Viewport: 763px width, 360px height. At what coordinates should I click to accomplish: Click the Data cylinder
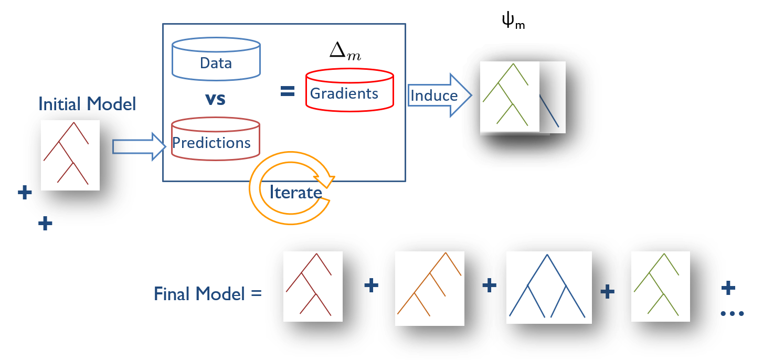[x=216, y=59]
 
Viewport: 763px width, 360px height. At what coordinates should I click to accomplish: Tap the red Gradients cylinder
[x=349, y=90]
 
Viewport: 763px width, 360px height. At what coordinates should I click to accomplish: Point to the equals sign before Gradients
[x=287, y=91]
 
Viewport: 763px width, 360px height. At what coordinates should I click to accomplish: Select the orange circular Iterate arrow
[x=291, y=189]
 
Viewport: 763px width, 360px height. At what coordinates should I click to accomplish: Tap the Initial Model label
[x=87, y=104]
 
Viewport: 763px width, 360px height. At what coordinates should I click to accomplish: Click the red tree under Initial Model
[x=70, y=155]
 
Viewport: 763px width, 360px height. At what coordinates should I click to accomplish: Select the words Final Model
[x=199, y=294]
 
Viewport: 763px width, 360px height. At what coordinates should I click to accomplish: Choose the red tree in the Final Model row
[x=313, y=286]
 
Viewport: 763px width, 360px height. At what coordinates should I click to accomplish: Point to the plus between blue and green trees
[x=608, y=292]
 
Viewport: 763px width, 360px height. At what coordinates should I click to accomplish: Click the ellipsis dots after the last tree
[x=733, y=314]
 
